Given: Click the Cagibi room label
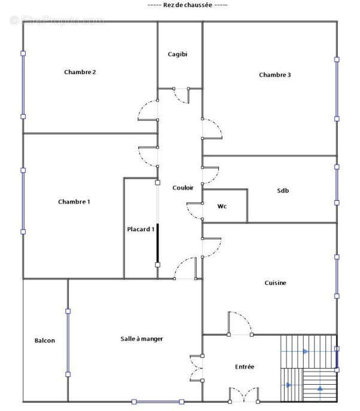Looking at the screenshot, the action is [178, 54].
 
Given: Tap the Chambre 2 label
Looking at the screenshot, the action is [80, 72].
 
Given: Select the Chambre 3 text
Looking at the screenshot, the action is [274, 75].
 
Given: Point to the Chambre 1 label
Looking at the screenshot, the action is [74, 201].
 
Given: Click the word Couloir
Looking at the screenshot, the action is [183, 188].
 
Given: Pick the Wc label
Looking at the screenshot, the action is [222, 206].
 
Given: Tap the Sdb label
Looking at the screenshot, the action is [283, 191].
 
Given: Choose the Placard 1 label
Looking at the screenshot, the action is [141, 229].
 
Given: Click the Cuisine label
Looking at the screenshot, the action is [275, 283].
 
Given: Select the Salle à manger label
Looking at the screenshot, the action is [142, 339].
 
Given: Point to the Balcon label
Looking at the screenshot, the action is [45, 341].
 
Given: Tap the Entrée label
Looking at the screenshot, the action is [245, 367].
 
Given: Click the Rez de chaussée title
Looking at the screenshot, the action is [188, 5].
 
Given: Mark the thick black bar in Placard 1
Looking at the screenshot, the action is [158, 243].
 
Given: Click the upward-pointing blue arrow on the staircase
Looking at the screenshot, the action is [320, 388].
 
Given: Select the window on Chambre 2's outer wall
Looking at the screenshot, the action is [23, 85].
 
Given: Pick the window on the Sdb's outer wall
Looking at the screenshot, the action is [337, 185].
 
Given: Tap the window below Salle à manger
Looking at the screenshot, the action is [158, 401].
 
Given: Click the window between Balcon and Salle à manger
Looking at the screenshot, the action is [68, 342].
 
